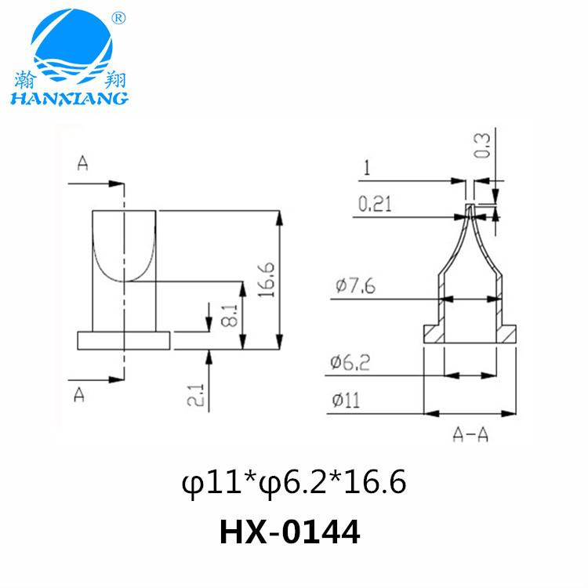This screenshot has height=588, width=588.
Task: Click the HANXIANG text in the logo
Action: pyautogui.click(x=68, y=98)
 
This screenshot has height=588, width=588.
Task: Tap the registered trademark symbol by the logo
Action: pyautogui.click(x=118, y=18)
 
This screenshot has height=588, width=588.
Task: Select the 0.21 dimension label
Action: pyautogui.click(x=376, y=205)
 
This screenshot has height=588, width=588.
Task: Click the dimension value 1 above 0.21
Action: pyautogui.click(x=366, y=167)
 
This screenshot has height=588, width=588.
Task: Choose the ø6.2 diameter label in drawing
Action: pyautogui.click(x=350, y=363)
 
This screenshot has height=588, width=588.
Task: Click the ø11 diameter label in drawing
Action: pyautogui.click(x=346, y=400)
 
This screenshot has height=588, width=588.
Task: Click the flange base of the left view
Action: pyautogui.click(x=124, y=339)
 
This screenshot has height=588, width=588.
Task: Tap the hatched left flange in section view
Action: pyautogui.click(x=434, y=333)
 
